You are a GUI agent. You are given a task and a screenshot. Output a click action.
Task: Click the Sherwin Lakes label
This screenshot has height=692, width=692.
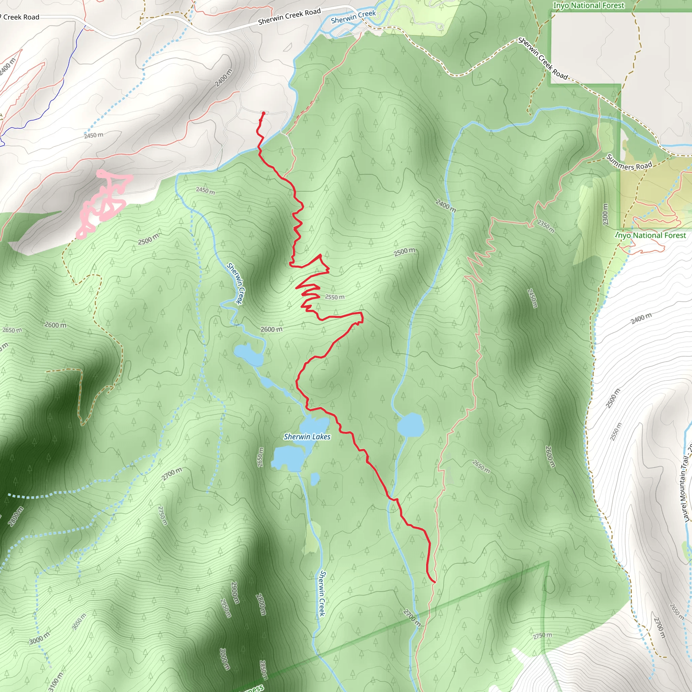click(x=307, y=437)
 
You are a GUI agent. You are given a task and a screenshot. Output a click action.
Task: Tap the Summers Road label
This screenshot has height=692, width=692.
click(x=629, y=163)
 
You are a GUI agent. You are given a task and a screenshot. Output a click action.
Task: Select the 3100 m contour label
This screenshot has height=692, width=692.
click(x=55, y=682)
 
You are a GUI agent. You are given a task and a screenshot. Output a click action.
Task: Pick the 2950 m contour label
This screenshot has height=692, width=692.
click(x=225, y=608)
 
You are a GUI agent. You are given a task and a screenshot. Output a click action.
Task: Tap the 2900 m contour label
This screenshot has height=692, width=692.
click(x=235, y=592)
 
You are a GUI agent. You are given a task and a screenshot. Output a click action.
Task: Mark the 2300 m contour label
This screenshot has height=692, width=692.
click(x=605, y=215)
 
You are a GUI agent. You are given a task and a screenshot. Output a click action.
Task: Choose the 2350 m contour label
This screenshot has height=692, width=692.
click(x=545, y=226)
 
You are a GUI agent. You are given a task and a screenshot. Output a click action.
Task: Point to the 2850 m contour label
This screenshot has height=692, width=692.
click(x=263, y=670)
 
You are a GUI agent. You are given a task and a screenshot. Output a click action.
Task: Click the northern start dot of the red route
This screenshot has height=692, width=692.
click(x=264, y=113)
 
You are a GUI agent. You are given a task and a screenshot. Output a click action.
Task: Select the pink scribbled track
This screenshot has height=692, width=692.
click(x=104, y=202)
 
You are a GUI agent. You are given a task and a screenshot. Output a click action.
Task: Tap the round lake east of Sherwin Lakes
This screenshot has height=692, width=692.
click(x=411, y=425)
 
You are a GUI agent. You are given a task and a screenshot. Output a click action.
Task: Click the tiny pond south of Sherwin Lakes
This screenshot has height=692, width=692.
click(x=315, y=479)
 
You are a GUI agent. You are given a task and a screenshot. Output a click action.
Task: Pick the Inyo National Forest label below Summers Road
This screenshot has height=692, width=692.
click(x=651, y=235)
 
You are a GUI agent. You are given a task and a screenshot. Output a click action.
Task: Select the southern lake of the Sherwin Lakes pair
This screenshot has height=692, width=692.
click(x=289, y=459)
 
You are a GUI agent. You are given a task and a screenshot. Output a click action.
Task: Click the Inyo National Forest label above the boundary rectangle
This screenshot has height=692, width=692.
click(x=589, y=5)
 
